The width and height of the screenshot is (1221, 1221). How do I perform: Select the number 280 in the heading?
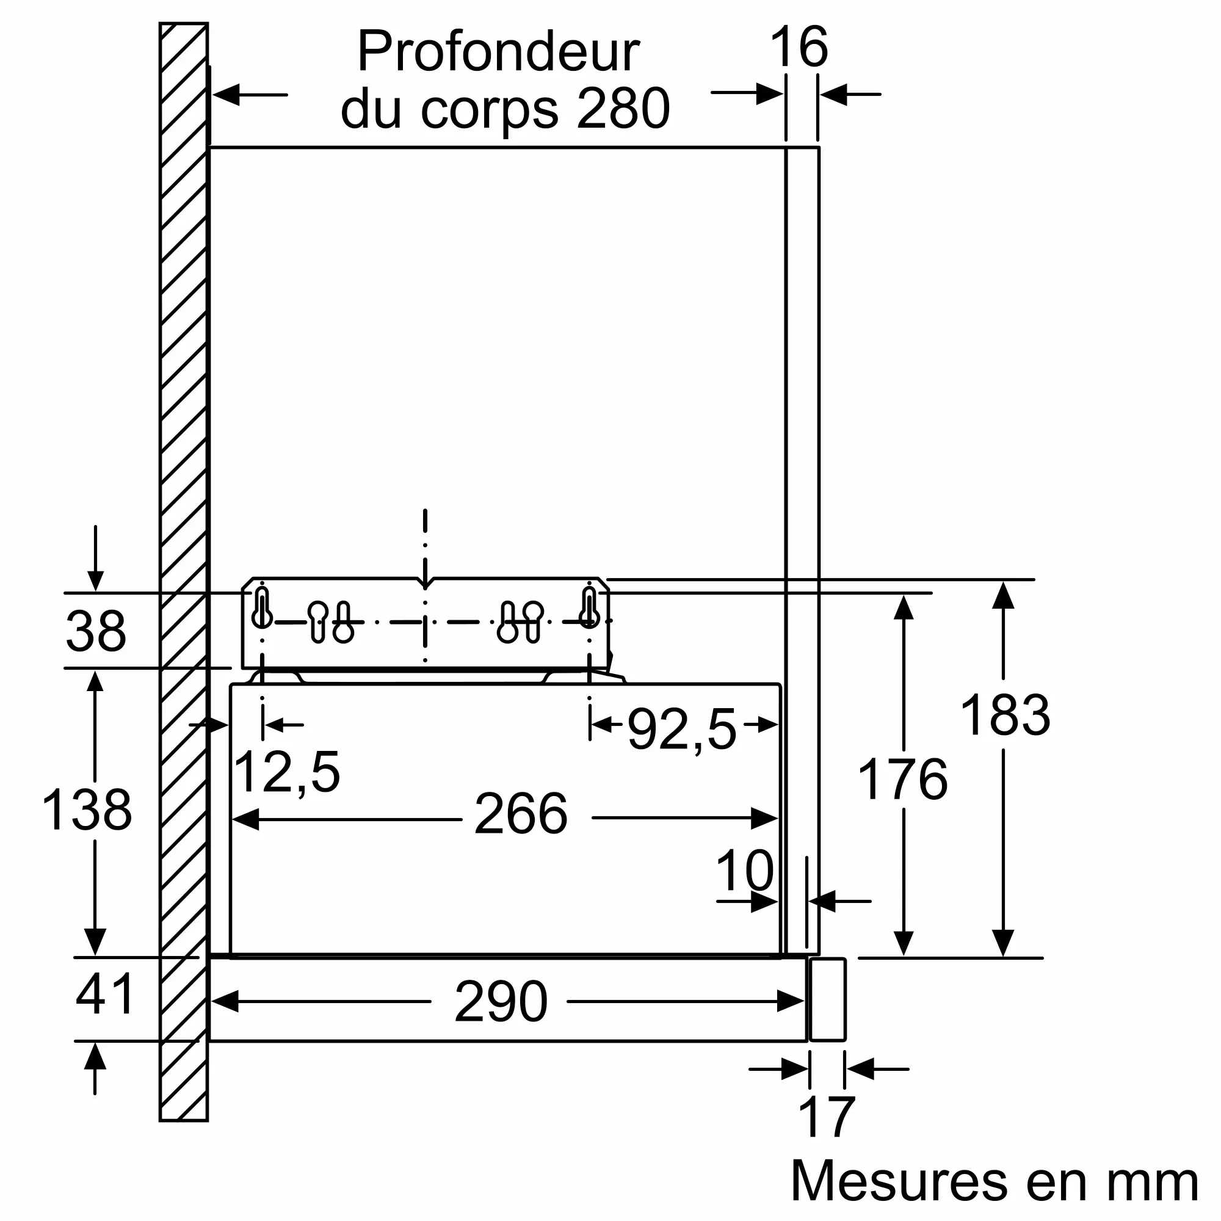[623, 108]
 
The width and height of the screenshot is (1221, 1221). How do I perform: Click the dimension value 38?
[96, 631]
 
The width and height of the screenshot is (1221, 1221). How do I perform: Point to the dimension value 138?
[87, 810]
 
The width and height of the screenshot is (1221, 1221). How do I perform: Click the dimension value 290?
[501, 1002]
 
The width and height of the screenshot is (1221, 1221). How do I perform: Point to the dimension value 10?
[744, 870]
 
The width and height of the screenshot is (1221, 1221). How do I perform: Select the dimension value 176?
[902, 779]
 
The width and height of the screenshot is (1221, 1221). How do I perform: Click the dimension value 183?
[1005, 715]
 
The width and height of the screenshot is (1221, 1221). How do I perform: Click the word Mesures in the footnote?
[899, 1181]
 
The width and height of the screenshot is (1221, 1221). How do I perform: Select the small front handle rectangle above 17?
[827, 1000]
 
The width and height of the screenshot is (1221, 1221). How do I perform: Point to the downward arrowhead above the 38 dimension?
[95, 581]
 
